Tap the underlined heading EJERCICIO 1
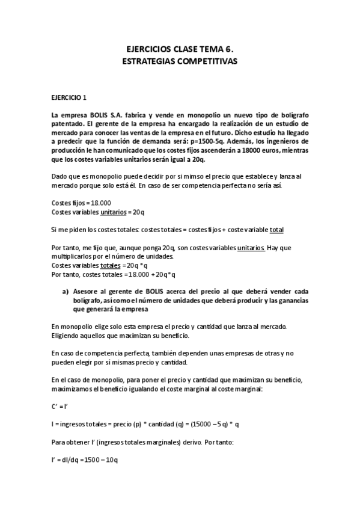pyautogui.click(x=69, y=97)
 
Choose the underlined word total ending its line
pyautogui.click(x=277, y=229)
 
